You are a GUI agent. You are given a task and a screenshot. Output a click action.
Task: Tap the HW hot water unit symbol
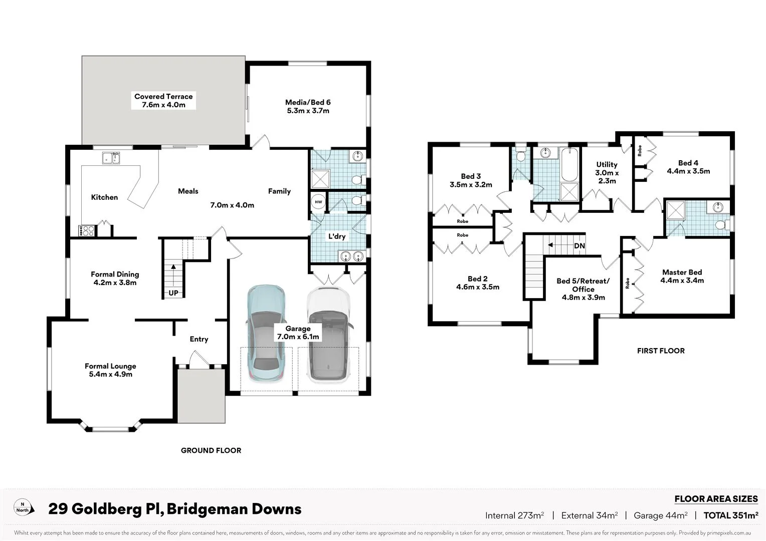(318, 202)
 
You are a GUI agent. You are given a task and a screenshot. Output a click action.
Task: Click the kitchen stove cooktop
(86, 230)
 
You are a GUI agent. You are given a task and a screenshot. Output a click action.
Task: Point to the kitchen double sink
(111, 158)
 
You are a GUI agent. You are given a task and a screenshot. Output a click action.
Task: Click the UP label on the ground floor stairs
(173, 293)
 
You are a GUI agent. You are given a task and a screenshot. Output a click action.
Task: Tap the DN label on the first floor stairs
(579, 246)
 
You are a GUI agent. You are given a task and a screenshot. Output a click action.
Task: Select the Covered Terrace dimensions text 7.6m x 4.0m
(163, 105)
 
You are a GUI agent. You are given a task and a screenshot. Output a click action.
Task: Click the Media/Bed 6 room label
(308, 102)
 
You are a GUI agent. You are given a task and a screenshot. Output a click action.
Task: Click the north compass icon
(23, 507)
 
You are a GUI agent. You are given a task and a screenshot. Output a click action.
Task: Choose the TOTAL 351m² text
(730, 515)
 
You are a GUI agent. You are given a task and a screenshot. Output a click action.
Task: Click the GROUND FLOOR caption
(211, 450)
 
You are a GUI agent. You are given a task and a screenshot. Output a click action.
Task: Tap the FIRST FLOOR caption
(661, 351)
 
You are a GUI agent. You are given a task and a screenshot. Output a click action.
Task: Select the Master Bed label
(682, 273)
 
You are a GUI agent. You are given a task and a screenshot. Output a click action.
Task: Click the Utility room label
(607, 164)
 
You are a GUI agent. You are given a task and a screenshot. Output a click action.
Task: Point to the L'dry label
(337, 236)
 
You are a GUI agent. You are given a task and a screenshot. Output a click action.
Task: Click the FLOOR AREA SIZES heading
(716, 499)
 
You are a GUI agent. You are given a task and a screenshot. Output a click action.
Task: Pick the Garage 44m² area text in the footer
(660, 515)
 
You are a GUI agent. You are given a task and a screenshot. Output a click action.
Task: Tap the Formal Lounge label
(110, 366)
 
